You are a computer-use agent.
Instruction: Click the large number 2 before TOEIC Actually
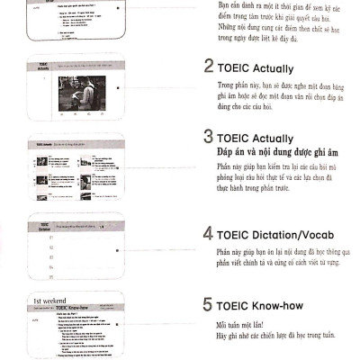coord(209,67)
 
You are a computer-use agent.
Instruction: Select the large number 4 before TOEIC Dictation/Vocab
coord(209,234)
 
